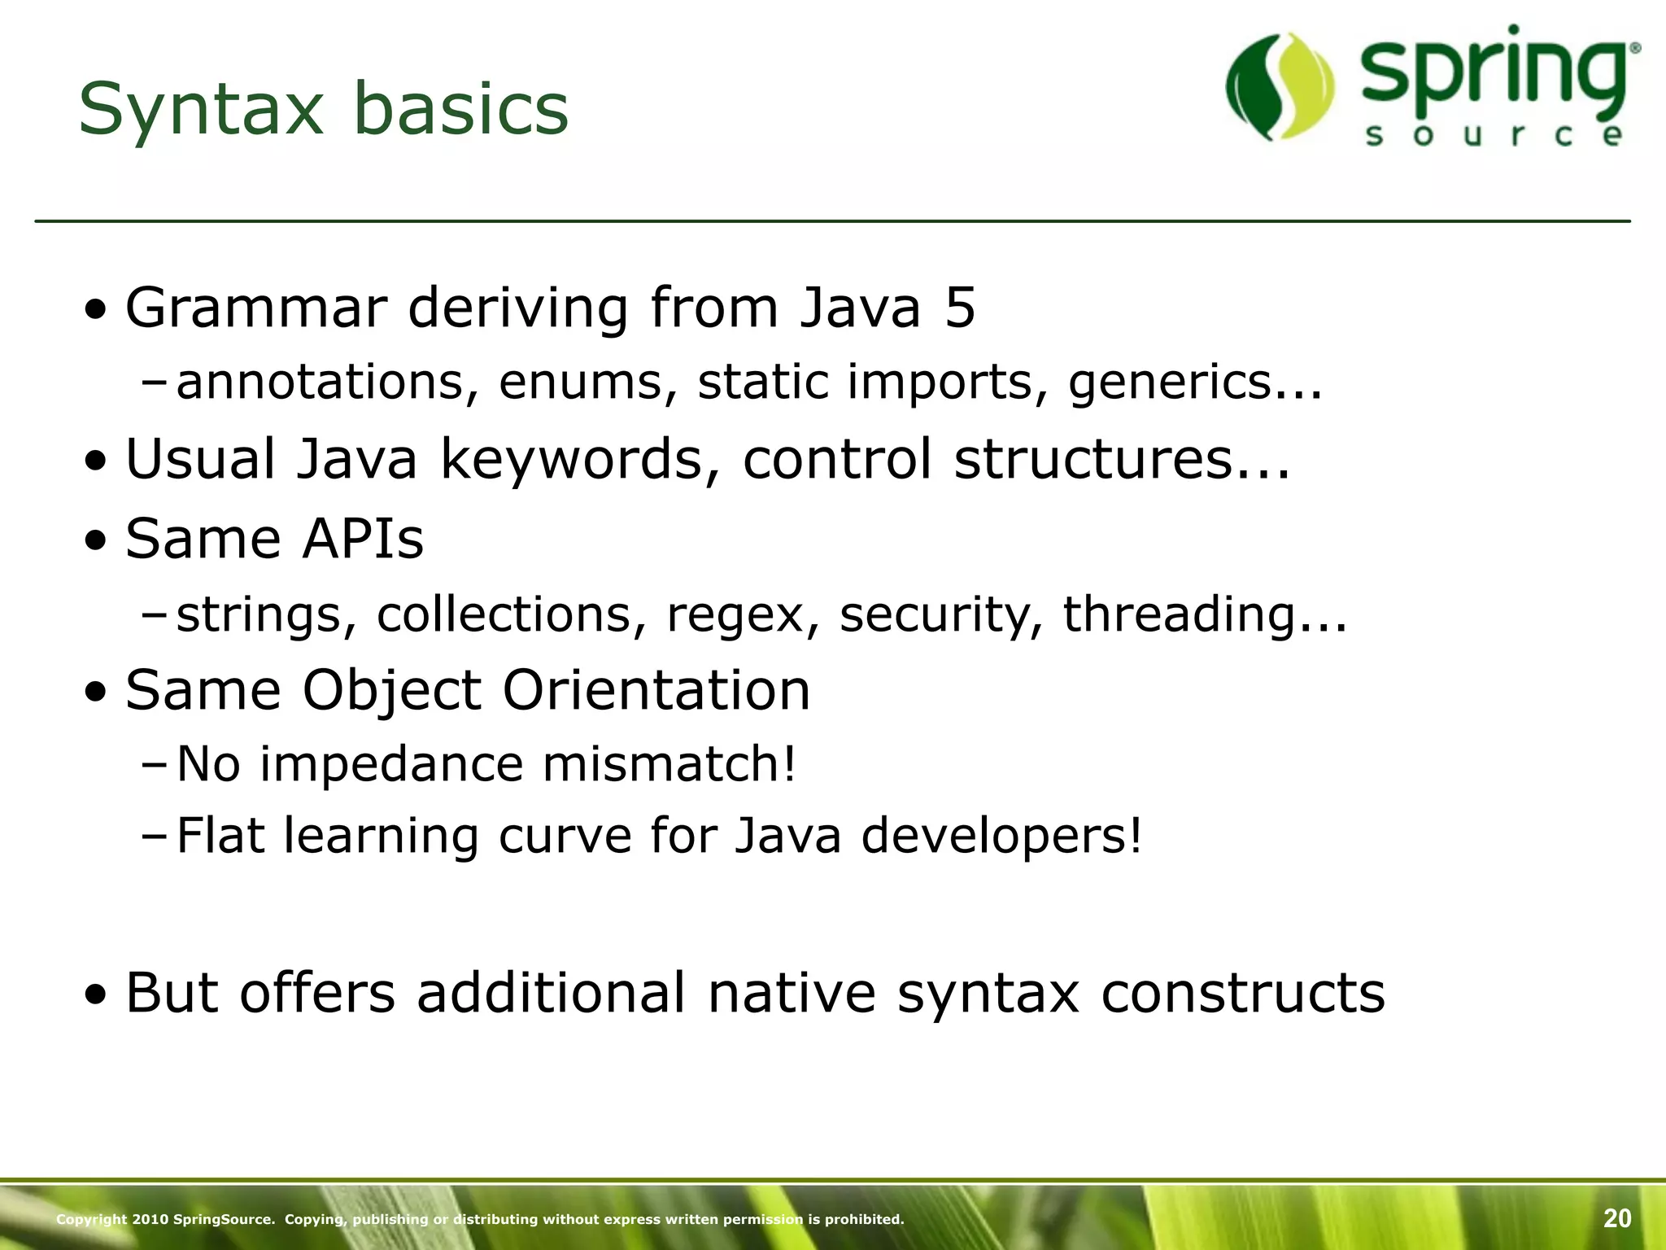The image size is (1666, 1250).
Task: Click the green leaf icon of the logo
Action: [1280, 86]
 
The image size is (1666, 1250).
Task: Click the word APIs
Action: [363, 538]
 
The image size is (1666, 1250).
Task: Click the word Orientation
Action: [656, 690]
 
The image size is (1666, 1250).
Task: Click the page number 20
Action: [1617, 1218]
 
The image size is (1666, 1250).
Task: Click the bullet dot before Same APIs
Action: [97, 540]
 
